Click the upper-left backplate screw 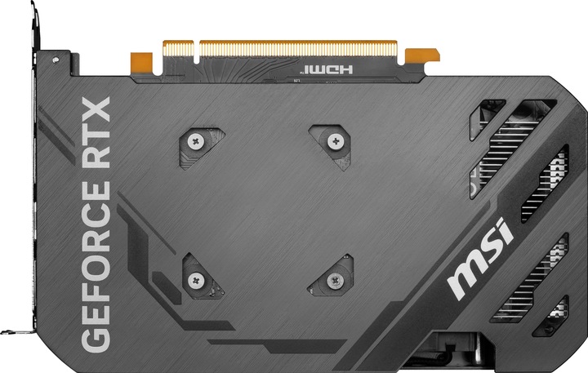(194, 140)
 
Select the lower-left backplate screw (194, 280)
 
